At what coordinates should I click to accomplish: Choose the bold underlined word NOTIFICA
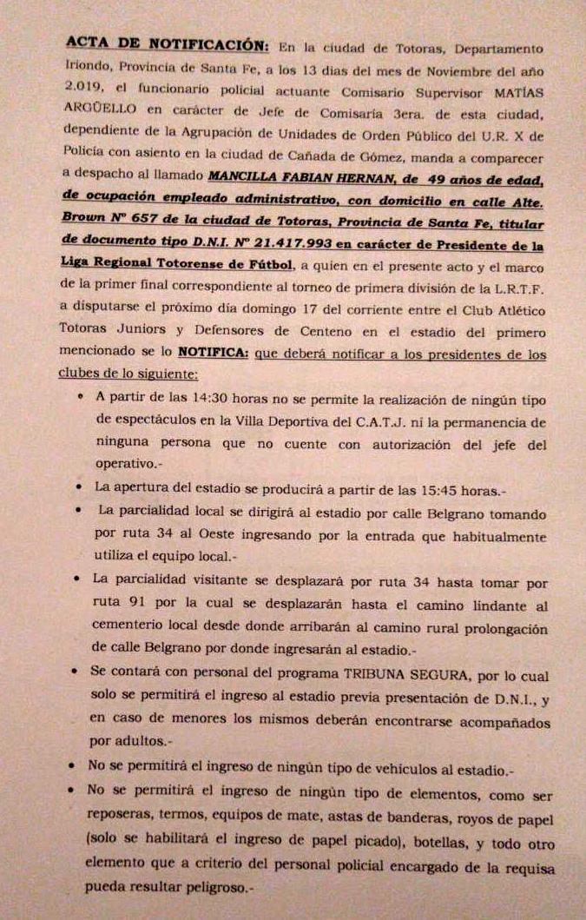[x=214, y=354]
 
